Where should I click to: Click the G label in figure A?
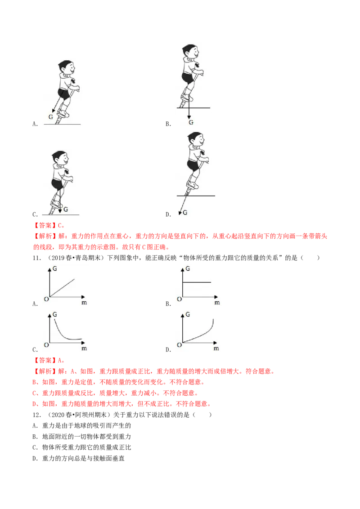(x=51, y=117)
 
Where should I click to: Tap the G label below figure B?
(x=191, y=122)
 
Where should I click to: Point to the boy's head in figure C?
(x=60, y=158)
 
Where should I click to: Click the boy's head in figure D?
(x=196, y=139)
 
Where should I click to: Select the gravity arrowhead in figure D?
(x=180, y=213)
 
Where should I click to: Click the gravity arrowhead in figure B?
(x=189, y=117)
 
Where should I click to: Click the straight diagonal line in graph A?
(x=62, y=288)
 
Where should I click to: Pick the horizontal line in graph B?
(x=197, y=282)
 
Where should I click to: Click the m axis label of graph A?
(x=84, y=303)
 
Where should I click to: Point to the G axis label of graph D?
(x=188, y=315)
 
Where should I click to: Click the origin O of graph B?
(x=180, y=299)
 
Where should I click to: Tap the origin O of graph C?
(x=46, y=345)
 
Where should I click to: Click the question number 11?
(x=37, y=258)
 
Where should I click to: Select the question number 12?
(x=37, y=415)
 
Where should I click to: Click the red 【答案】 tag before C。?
(x=45, y=225)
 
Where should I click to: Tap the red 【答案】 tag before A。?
(x=45, y=360)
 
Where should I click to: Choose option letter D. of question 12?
(x=35, y=458)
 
